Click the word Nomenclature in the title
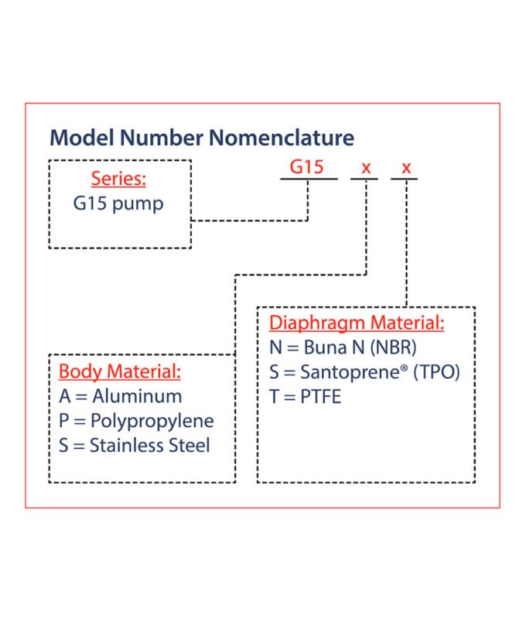(x=282, y=138)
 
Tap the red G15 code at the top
(x=306, y=166)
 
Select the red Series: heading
(x=118, y=179)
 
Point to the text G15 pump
(x=118, y=204)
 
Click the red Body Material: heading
(x=120, y=371)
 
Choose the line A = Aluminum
(x=121, y=396)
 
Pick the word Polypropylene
(x=152, y=421)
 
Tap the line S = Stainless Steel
(x=134, y=446)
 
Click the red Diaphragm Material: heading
(x=357, y=323)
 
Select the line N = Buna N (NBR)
(x=343, y=347)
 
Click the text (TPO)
(x=436, y=372)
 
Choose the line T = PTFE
(x=305, y=397)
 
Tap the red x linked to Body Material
(x=366, y=168)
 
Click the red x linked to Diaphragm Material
(x=406, y=168)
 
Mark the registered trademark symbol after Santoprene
(x=404, y=368)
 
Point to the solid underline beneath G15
(x=309, y=179)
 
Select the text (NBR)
(x=394, y=347)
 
